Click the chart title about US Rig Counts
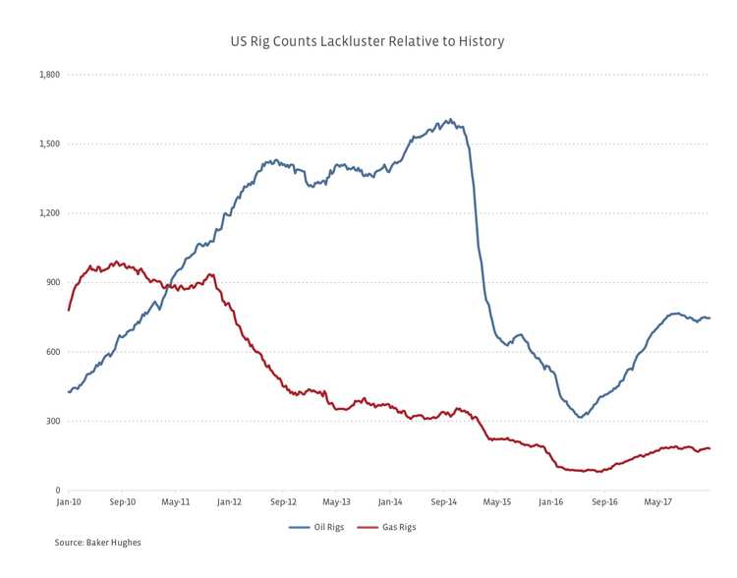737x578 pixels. pos(368,41)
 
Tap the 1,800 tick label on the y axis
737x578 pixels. pos(49,75)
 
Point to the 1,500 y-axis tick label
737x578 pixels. pos(49,144)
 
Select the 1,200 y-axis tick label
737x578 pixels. pos(49,213)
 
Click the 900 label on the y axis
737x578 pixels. pos(53,282)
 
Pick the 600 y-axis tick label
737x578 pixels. pos(53,352)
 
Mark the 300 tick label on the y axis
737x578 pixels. pos(53,421)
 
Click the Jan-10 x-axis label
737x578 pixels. pos(69,502)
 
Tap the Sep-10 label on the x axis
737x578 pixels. pos(122,502)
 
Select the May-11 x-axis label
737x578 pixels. pos(176,502)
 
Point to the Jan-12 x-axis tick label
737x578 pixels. pos(229,502)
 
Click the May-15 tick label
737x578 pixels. pos(497,502)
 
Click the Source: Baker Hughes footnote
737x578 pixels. pos(98,543)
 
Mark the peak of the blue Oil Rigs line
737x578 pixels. pos(449,120)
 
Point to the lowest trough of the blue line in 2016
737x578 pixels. pos(581,418)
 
